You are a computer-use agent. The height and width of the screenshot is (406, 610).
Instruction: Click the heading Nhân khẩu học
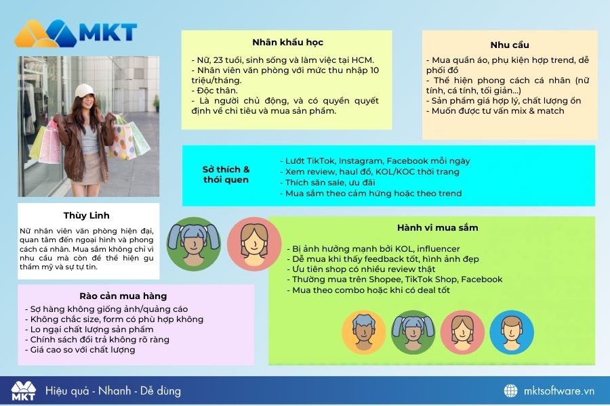287,43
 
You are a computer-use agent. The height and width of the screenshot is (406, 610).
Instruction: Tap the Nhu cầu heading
510,45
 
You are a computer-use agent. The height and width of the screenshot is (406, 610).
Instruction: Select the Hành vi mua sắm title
437,227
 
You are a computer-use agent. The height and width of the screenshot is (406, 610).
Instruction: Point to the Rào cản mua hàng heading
123,296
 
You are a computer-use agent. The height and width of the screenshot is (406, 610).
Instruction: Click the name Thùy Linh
86,216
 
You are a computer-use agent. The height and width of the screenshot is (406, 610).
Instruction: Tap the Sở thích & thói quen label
226,175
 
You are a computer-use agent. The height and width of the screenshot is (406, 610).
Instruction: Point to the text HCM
363,60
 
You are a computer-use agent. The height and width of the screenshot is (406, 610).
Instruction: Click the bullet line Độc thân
214,91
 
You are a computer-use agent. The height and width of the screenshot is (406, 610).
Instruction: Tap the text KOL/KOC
396,172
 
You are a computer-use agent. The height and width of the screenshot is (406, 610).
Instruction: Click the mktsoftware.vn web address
559,391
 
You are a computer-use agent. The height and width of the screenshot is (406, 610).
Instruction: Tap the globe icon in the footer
511,391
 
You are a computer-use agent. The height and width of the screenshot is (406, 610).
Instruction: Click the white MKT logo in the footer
23,391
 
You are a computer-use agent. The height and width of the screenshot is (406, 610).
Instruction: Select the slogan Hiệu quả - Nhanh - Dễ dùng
113,391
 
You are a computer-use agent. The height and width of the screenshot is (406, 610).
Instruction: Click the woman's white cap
84,91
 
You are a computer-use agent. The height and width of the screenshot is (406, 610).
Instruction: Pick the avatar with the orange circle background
364,332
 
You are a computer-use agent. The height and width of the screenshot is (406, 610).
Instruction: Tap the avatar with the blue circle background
512,332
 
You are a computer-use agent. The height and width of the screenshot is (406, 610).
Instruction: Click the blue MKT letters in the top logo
108,32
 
